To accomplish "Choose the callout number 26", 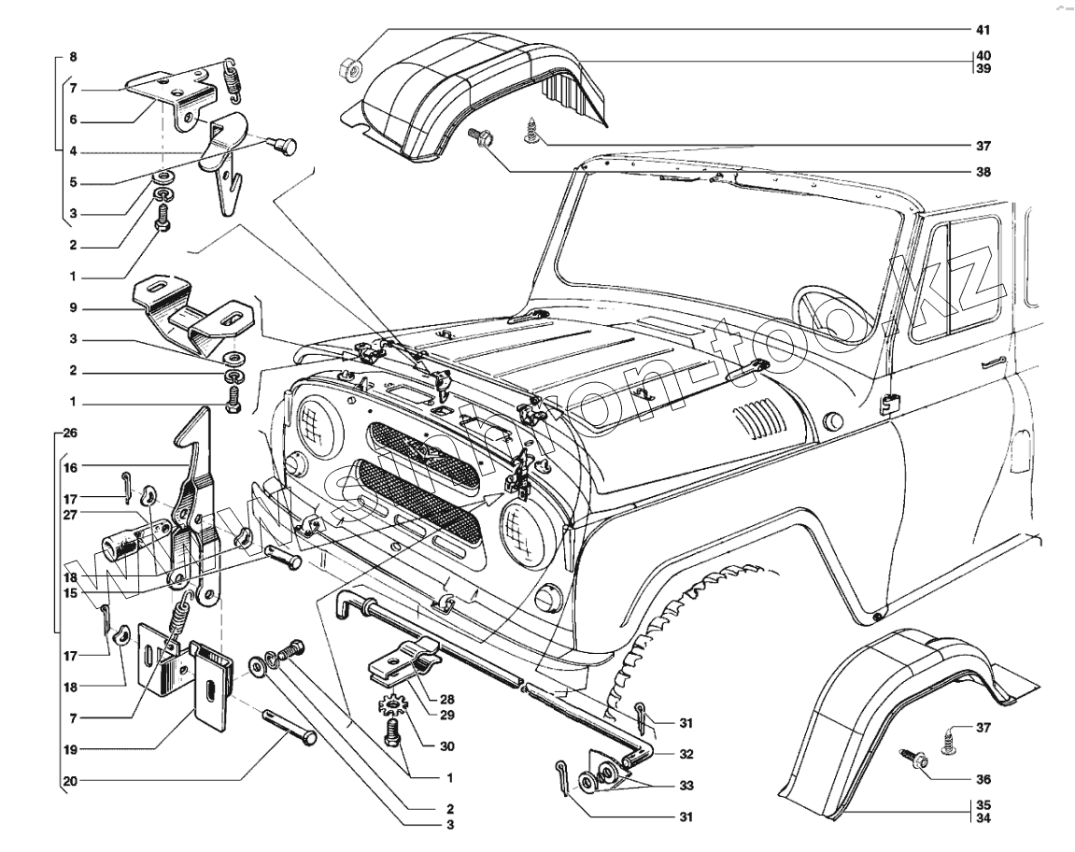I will (x=72, y=434).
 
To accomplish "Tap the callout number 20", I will (x=71, y=780).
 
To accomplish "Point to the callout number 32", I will (x=686, y=753).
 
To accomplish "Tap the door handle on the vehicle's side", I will (x=992, y=362).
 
